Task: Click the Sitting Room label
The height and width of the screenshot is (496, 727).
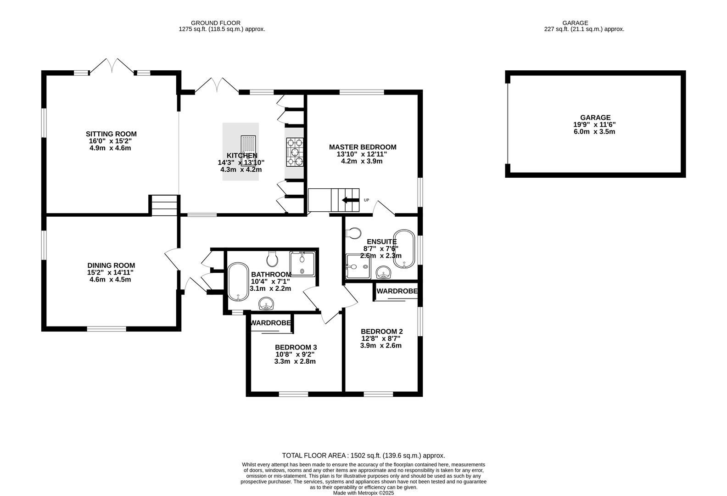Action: [111, 134]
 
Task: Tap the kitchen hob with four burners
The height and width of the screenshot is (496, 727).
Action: [295, 152]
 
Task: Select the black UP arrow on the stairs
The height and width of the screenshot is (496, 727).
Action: [350, 200]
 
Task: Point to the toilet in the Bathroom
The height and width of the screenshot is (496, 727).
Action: [272, 259]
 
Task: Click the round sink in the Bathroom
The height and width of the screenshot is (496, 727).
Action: [267, 303]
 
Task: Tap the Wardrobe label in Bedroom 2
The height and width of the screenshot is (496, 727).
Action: [397, 291]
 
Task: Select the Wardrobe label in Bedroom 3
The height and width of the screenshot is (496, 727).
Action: [270, 323]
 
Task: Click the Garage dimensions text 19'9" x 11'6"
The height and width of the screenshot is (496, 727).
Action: [597, 124]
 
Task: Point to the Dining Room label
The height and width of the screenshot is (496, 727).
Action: [111, 265]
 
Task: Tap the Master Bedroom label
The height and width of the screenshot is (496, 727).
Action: [362, 147]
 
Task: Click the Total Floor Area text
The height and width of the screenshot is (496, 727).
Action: [363, 456]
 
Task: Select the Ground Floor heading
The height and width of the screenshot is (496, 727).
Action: [215, 23]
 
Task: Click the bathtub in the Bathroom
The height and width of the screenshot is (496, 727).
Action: [238, 282]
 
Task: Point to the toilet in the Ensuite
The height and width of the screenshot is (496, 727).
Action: [354, 234]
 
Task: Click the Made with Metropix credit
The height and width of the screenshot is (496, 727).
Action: [363, 493]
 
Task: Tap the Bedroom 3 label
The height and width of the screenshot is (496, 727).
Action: [296, 347]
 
